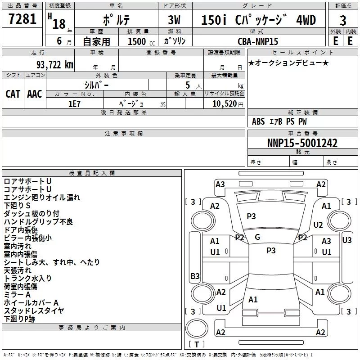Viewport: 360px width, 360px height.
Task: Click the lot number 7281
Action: tap(22, 19)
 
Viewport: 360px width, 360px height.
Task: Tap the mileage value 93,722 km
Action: tap(55, 65)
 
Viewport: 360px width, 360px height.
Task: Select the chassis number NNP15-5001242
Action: tap(302, 143)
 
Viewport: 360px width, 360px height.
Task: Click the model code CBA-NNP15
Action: tap(258, 41)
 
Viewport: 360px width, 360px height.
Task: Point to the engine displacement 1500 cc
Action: tap(141, 41)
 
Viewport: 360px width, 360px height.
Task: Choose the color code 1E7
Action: tap(74, 104)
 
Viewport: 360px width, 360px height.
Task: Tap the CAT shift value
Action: tap(13, 94)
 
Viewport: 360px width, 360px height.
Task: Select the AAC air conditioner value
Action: tap(35, 94)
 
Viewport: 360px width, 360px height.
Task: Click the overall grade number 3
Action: tap(343, 21)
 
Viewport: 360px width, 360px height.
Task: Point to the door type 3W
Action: tap(174, 20)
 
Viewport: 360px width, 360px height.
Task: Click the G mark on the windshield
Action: tap(257, 237)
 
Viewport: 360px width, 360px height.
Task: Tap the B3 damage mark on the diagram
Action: tap(195, 276)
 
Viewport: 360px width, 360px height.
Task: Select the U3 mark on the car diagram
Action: tap(347, 240)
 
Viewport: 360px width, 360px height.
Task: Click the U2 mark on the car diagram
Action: tap(318, 225)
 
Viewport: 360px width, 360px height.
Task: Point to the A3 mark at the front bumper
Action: tap(220, 184)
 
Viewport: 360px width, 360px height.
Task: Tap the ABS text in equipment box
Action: tap(258, 121)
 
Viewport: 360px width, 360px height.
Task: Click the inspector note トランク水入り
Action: tap(27, 279)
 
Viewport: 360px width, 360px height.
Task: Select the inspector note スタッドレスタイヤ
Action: tap(34, 311)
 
